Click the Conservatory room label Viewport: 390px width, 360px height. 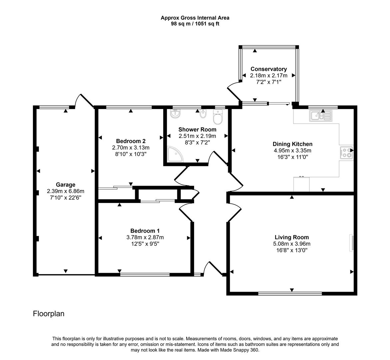point(268,69)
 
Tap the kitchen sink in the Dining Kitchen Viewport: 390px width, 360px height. point(320,116)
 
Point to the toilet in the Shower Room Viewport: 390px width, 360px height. point(218,117)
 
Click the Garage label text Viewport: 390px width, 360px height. point(65,185)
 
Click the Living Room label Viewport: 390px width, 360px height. point(291,237)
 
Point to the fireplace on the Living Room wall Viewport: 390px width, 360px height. point(351,242)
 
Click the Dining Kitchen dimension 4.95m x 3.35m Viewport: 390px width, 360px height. point(292,150)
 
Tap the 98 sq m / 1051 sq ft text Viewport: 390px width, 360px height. point(195,24)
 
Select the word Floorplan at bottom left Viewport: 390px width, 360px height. point(49,314)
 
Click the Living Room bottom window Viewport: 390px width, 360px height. point(290,294)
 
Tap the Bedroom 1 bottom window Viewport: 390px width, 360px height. point(145,275)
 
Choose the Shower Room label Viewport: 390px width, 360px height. point(197,129)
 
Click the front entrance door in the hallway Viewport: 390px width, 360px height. point(213,269)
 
